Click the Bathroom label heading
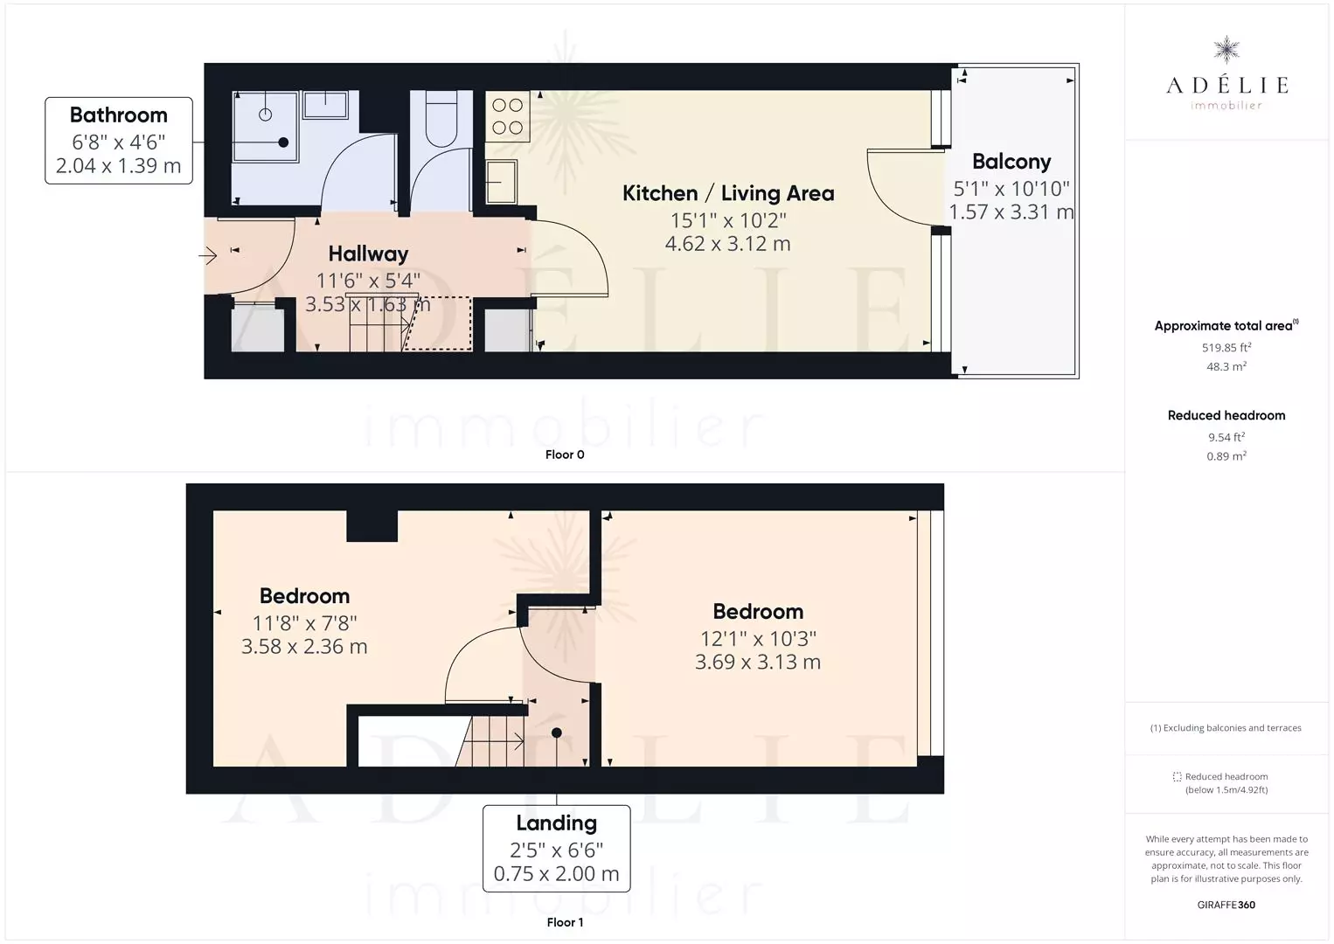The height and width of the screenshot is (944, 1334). (x=119, y=115)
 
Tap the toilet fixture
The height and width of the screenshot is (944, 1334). (x=441, y=118)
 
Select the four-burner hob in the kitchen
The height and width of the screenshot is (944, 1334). (x=507, y=116)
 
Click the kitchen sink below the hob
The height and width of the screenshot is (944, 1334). (x=502, y=182)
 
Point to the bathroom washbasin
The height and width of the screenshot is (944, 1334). (x=325, y=105)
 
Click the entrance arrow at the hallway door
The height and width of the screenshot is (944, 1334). (x=208, y=256)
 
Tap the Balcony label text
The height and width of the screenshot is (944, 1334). (x=1011, y=162)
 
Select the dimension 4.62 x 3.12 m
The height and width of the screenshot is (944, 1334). (x=727, y=244)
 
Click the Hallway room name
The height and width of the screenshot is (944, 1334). (x=368, y=253)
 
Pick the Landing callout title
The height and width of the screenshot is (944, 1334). (x=556, y=823)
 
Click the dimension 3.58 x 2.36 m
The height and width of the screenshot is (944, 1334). (x=304, y=646)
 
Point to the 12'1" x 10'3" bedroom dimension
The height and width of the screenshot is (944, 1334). (x=758, y=638)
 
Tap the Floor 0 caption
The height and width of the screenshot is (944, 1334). (x=565, y=455)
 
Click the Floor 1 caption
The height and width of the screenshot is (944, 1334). (x=565, y=922)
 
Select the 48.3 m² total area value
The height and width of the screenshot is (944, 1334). (x=1226, y=366)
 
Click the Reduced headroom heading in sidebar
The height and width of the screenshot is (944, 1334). (x=1226, y=415)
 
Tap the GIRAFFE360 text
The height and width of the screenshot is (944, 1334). (x=1226, y=905)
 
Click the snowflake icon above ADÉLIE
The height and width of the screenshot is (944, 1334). (x=1226, y=50)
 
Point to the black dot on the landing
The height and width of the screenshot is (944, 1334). (x=556, y=732)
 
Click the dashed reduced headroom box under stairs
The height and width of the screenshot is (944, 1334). (x=438, y=323)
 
